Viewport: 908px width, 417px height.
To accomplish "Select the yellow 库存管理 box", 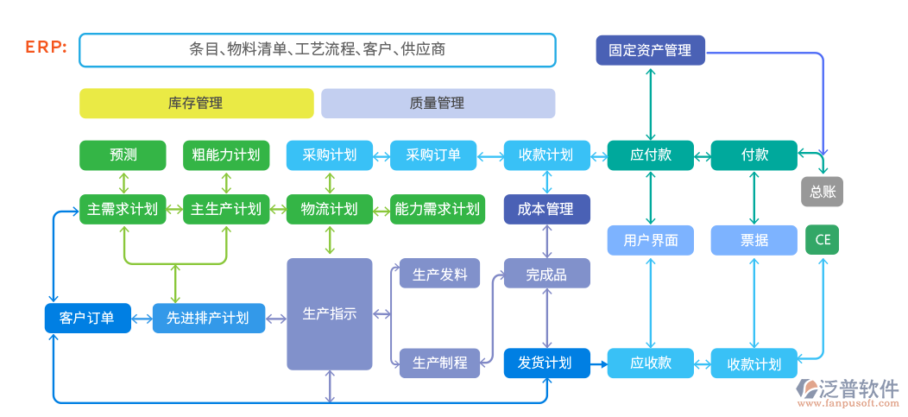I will tap(196, 104).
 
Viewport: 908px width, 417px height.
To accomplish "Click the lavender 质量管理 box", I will tap(438, 104).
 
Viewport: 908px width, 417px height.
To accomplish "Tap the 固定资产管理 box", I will tap(650, 50).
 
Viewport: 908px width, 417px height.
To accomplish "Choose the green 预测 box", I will tap(123, 155).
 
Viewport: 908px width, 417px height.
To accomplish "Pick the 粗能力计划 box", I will tap(226, 155).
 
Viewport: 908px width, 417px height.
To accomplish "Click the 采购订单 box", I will tap(432, 155).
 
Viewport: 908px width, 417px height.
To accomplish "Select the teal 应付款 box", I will tap(650, 155).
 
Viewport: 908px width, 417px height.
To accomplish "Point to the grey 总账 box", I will tap(822, 192).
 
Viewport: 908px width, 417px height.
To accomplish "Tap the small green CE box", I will tap(822, 239).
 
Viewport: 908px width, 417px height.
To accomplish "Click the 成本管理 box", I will tap(546, 209).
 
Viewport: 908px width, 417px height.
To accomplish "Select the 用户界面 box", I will tap(650, 240).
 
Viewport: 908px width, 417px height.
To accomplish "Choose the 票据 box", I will tap(754, 240).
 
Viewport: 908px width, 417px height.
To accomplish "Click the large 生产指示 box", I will tap(330, 313).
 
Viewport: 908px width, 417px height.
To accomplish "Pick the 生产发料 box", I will tap(439, 275).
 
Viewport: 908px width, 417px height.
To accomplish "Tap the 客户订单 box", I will tap(86, 318).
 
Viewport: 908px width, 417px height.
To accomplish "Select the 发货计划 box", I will tap(546, 363).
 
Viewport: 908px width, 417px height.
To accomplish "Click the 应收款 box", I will tap(650, 363).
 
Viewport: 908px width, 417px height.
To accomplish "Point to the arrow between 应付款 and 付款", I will tap(702, 156).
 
